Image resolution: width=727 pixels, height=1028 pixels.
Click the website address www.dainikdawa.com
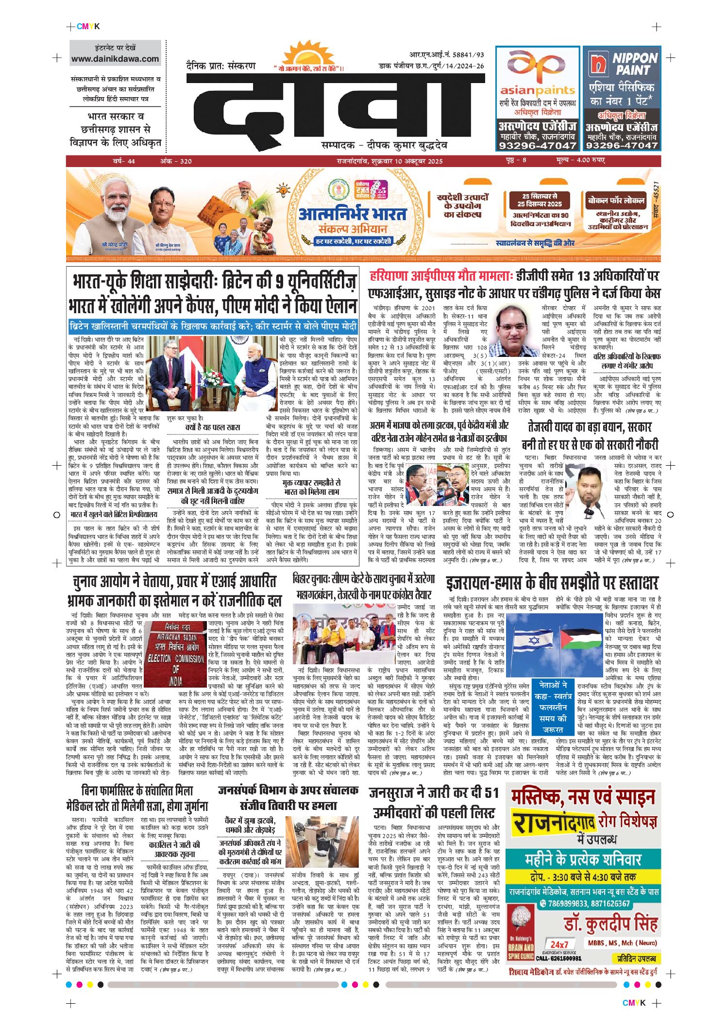115,59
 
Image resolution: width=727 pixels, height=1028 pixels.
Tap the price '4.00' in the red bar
583,160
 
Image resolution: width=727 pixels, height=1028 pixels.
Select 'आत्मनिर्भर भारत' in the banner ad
353,214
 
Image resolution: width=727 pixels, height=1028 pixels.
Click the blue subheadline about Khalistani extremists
213,326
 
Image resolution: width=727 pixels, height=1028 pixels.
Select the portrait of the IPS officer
515,331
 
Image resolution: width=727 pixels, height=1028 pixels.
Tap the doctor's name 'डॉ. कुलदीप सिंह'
610,923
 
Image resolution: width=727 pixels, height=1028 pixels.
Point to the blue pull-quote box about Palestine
553,707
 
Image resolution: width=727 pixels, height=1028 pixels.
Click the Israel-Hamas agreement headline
552,582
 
